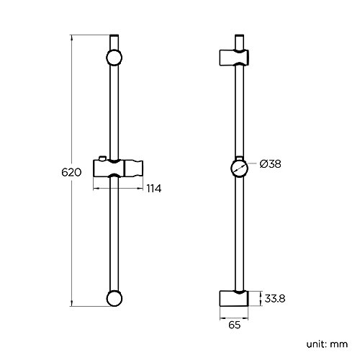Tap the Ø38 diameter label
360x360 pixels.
click(x=270, y=165)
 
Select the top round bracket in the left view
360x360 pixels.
click(x=114, y=59)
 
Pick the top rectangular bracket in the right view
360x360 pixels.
click(x=235, y=58)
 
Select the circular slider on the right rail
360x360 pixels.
click(x=238, y=170)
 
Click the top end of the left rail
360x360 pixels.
click(x=114, y=36)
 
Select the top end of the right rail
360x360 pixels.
click(x=238, y=36)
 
